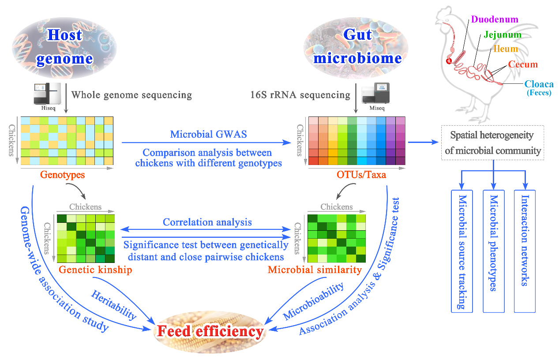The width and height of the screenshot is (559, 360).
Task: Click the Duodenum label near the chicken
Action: point(495,19)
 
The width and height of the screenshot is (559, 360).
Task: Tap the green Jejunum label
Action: point(503,34)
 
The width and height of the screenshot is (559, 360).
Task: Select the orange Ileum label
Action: point(506,49)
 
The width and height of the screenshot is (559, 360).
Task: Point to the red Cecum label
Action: point(523,64)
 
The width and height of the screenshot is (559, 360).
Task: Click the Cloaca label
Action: point(539,84)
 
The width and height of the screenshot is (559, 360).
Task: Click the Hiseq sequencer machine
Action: point(47,94)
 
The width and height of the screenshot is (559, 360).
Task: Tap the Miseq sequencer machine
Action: point(375,93)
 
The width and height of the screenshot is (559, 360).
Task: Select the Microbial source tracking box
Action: point(462,251)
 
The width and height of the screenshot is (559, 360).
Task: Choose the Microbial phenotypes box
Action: point(494,251)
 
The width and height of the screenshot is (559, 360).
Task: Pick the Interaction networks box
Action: point(525,251)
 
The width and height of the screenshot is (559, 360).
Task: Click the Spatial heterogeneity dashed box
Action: point(493,142)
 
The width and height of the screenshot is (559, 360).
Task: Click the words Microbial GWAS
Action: point(208,134)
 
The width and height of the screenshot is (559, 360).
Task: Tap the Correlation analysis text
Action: point(207,222)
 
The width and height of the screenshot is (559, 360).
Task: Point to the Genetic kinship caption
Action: point(95,270)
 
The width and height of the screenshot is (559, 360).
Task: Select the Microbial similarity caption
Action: point(315,270)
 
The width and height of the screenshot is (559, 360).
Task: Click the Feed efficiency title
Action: point(210,331)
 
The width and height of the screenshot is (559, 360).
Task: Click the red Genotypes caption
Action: point(62,175)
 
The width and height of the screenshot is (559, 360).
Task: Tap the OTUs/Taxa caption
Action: point(361,175)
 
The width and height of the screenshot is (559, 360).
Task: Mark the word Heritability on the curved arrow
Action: point(114,305)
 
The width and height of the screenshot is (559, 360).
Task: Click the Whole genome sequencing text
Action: point(131,95)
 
